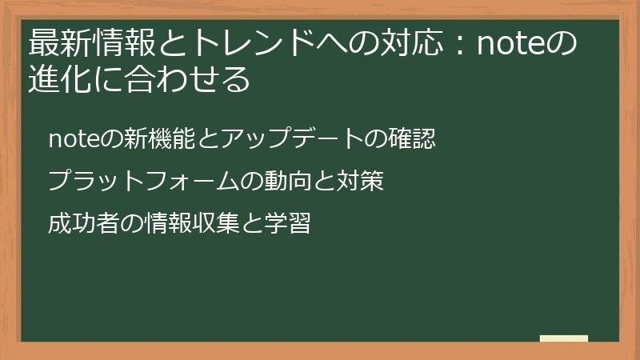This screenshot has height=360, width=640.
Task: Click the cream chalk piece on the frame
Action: pos(564,339)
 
